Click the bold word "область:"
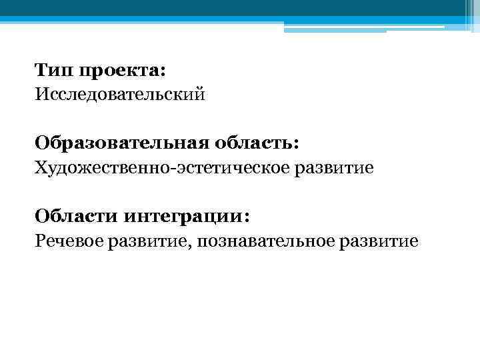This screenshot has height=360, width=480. pyautogui.click(x=257, y=143)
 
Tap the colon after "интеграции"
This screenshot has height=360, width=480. pyautogui.click(x=249, y=217)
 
